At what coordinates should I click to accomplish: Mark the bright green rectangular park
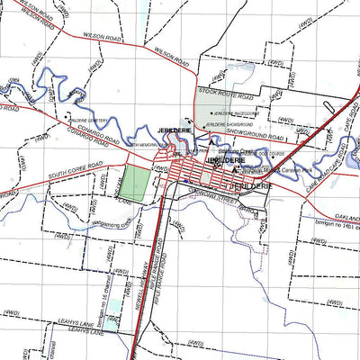point(135,184)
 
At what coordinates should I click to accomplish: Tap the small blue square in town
point(186,179)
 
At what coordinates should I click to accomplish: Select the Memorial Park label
point(144,145)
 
